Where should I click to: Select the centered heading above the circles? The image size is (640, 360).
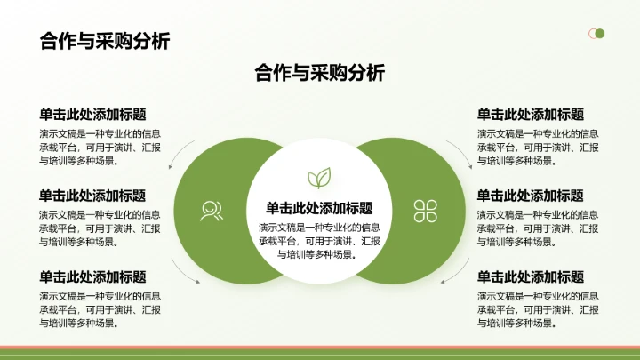pos(319,73)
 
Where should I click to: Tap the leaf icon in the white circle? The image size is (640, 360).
pos(319,177)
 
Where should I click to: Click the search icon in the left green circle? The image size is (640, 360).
pos(212,210)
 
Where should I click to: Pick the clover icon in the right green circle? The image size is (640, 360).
pos(426,210)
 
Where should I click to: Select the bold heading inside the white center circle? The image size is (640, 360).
pos(319,208)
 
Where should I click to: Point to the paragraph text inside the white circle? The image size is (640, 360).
pos(319,240)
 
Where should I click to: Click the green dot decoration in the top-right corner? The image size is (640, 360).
pos(600,34)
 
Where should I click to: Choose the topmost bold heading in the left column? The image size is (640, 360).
pos(92,115)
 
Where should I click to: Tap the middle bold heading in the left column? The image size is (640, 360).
pos(92,196)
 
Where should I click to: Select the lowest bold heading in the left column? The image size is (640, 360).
pos(92,276)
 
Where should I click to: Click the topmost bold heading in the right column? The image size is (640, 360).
pos(530,115)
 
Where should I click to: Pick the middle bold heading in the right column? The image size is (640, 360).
pos(530,196)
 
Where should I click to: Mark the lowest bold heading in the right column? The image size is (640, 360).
pos(530,276)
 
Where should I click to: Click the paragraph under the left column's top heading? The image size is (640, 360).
pos(100,148)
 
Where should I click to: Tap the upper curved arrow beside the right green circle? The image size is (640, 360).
pos(460,151)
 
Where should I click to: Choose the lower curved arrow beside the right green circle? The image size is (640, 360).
pos(460,270)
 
